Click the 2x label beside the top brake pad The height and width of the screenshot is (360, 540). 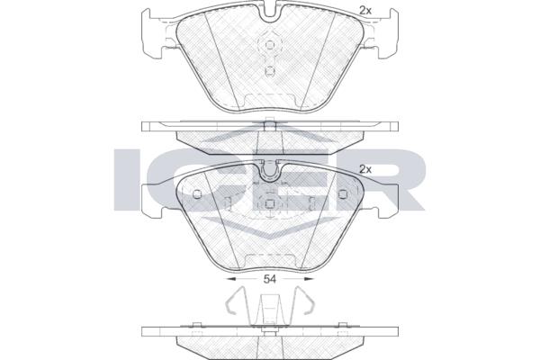365,11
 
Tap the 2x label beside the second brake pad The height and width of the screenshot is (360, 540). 365,169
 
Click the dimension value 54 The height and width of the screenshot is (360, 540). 270,279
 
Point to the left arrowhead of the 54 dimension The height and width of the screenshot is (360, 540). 229,279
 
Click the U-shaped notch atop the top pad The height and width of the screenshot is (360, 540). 270,13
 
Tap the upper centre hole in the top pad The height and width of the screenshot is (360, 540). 270,45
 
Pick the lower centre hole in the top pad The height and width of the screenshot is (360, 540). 270,70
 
